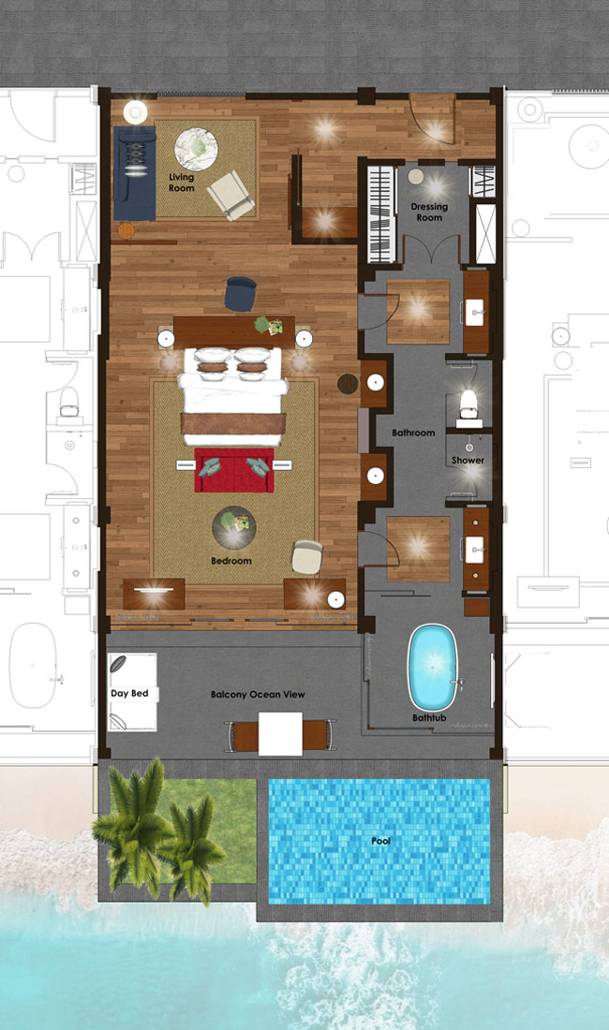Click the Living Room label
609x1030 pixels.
tap(182, 183)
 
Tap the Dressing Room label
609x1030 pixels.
tap(429, 212)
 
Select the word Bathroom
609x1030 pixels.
tap(413, 433)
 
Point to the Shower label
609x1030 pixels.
tap(468, 461)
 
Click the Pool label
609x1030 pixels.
tap(381, 841)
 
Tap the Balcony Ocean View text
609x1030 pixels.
tap(258, 695)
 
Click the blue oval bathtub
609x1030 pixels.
tap(433, 668)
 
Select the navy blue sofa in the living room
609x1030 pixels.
tap(135, 173)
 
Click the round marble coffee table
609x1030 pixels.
tap(196, 149)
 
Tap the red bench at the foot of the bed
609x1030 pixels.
tap(234, 470)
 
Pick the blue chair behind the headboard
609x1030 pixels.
tap(241, 294)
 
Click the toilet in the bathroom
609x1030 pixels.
tap(468, 404)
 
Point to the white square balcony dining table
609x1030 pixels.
tap(280, 734)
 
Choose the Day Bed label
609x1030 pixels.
tap(129, 694)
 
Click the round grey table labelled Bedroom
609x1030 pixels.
tap(234, 527)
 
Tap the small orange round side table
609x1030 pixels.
tap(126, 230)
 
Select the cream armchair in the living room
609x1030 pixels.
tap(230, 195)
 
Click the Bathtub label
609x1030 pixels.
tap(429, 718)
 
